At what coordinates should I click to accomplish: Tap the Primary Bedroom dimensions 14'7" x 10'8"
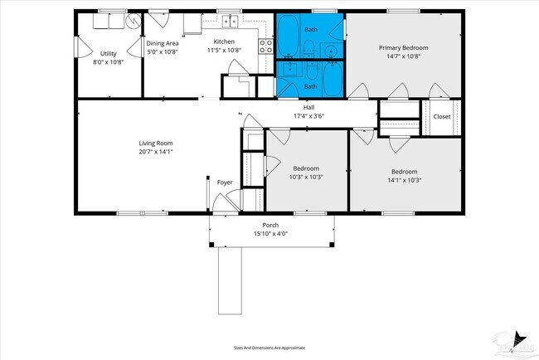[x=403, y=57]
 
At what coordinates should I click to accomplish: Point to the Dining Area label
[x=163, y=43]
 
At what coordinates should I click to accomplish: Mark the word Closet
[x=442, y=117]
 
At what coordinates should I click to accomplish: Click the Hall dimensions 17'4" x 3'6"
[x=308, y=116]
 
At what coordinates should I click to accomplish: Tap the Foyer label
[x=225, y=182]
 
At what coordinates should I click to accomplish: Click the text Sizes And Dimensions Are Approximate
[x=269, y=347]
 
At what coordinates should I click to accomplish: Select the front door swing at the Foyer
[x=221, y=202]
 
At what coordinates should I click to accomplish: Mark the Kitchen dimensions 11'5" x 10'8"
[x=223, y=50]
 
